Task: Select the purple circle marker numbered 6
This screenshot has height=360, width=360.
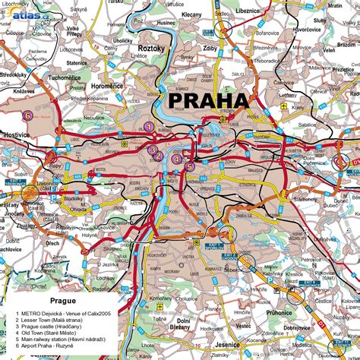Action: point(27,115)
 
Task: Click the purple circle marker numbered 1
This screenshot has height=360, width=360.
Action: point(150,127)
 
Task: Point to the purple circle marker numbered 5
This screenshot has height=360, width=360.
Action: point(189,166)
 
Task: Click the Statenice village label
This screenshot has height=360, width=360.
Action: point(76,62)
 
